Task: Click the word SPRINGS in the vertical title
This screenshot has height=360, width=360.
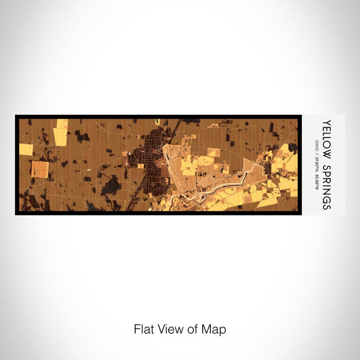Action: (x=327, y=183)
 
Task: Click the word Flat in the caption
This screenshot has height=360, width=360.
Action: (x=142, y=329)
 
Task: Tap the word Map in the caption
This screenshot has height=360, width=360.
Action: (x=216, y=329)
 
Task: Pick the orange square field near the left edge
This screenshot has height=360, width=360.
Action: (x=40, y=169)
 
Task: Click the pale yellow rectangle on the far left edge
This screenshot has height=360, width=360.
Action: (x=26, y=149)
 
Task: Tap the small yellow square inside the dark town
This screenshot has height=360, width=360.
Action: (x=140, y=166)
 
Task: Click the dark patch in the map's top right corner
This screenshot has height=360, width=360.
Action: (x=292, y=148)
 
